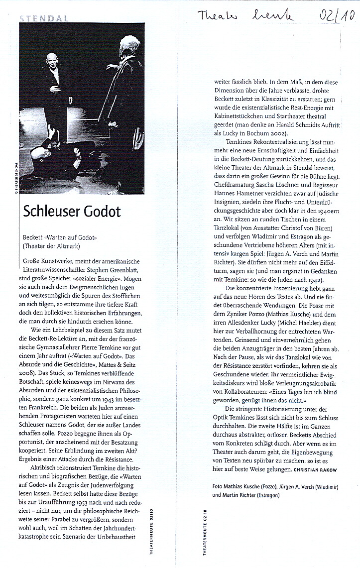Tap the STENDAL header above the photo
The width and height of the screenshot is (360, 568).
pyautogui.click(x=45, y=18)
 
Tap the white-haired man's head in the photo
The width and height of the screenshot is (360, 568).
pyautogui.click(x=125, y=54)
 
